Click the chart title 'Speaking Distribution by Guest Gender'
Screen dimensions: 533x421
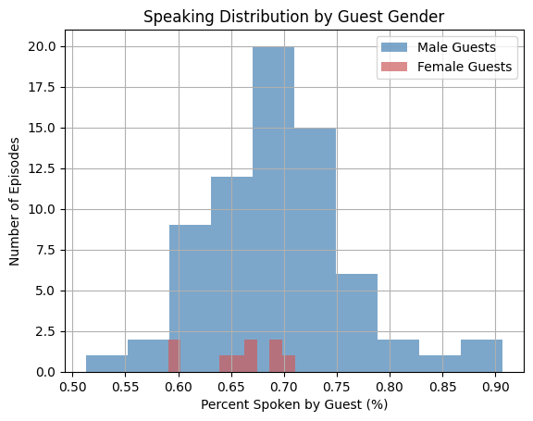(293, 17)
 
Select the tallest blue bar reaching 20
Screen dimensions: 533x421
(273, 209)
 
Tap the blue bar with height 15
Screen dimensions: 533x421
(316, 250)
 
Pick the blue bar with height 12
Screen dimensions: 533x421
(232, 275)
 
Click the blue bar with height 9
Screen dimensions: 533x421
(191, 299)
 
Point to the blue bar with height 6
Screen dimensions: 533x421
(357, 323)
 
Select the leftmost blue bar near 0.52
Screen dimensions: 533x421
(107, 364)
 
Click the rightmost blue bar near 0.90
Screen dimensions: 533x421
(482, 355)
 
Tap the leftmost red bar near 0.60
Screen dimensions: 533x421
(174, 355)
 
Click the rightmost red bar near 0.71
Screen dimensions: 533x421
(289, 364)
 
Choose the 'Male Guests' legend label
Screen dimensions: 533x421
(456, 47)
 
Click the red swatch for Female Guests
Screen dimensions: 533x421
(394, 67)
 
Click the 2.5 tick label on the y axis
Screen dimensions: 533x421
(45, 331)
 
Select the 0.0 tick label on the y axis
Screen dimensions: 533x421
(45, 372)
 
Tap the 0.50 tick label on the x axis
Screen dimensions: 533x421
(72, 387)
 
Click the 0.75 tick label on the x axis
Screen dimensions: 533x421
(337, 387)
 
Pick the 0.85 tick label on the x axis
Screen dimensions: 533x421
(442, 387)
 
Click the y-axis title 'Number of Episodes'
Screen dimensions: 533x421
(14, 202)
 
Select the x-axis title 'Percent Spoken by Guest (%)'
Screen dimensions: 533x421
(294, 404)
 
